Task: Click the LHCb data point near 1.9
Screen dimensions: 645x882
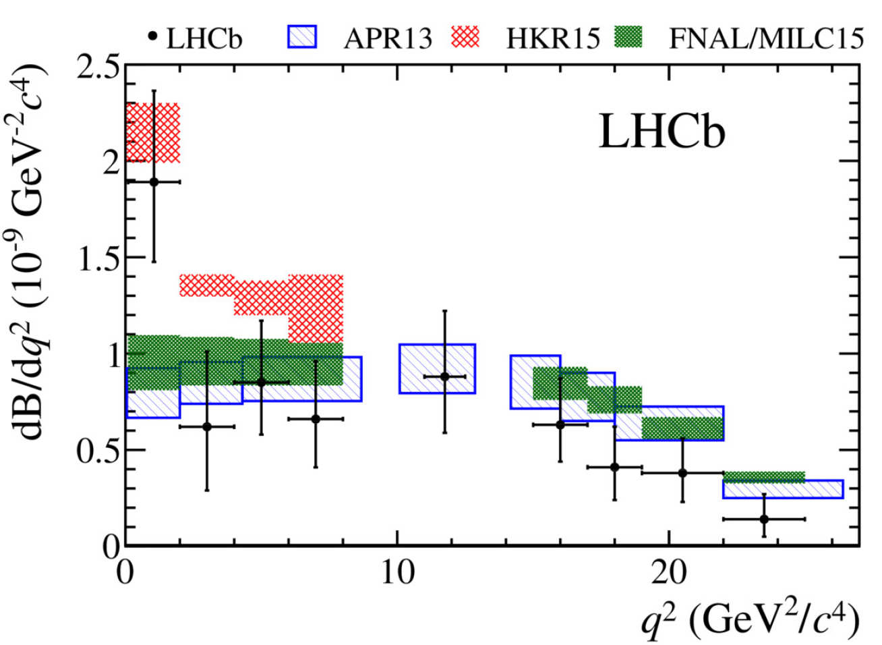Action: [154, 181]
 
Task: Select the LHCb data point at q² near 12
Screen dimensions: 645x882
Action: [444, 376]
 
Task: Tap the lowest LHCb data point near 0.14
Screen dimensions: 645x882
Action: [764, 519]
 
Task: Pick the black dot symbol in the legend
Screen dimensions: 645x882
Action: [153, 36]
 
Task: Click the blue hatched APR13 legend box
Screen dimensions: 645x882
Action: [301, 36]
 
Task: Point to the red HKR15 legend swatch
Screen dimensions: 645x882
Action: [465, 36]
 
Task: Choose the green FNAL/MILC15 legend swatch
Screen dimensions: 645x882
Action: [628, 36]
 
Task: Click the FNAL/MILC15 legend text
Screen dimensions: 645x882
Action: [766, 38]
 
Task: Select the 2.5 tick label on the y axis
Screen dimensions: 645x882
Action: [98, 67]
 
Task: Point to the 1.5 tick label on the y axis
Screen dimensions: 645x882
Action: [98, 258]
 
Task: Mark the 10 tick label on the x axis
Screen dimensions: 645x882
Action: [397, 572]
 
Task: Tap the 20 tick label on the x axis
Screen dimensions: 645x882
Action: [668, 572]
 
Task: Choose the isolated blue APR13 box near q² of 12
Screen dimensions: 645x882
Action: [437, 368]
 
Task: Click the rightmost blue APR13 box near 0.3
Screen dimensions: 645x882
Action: [783, 489]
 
